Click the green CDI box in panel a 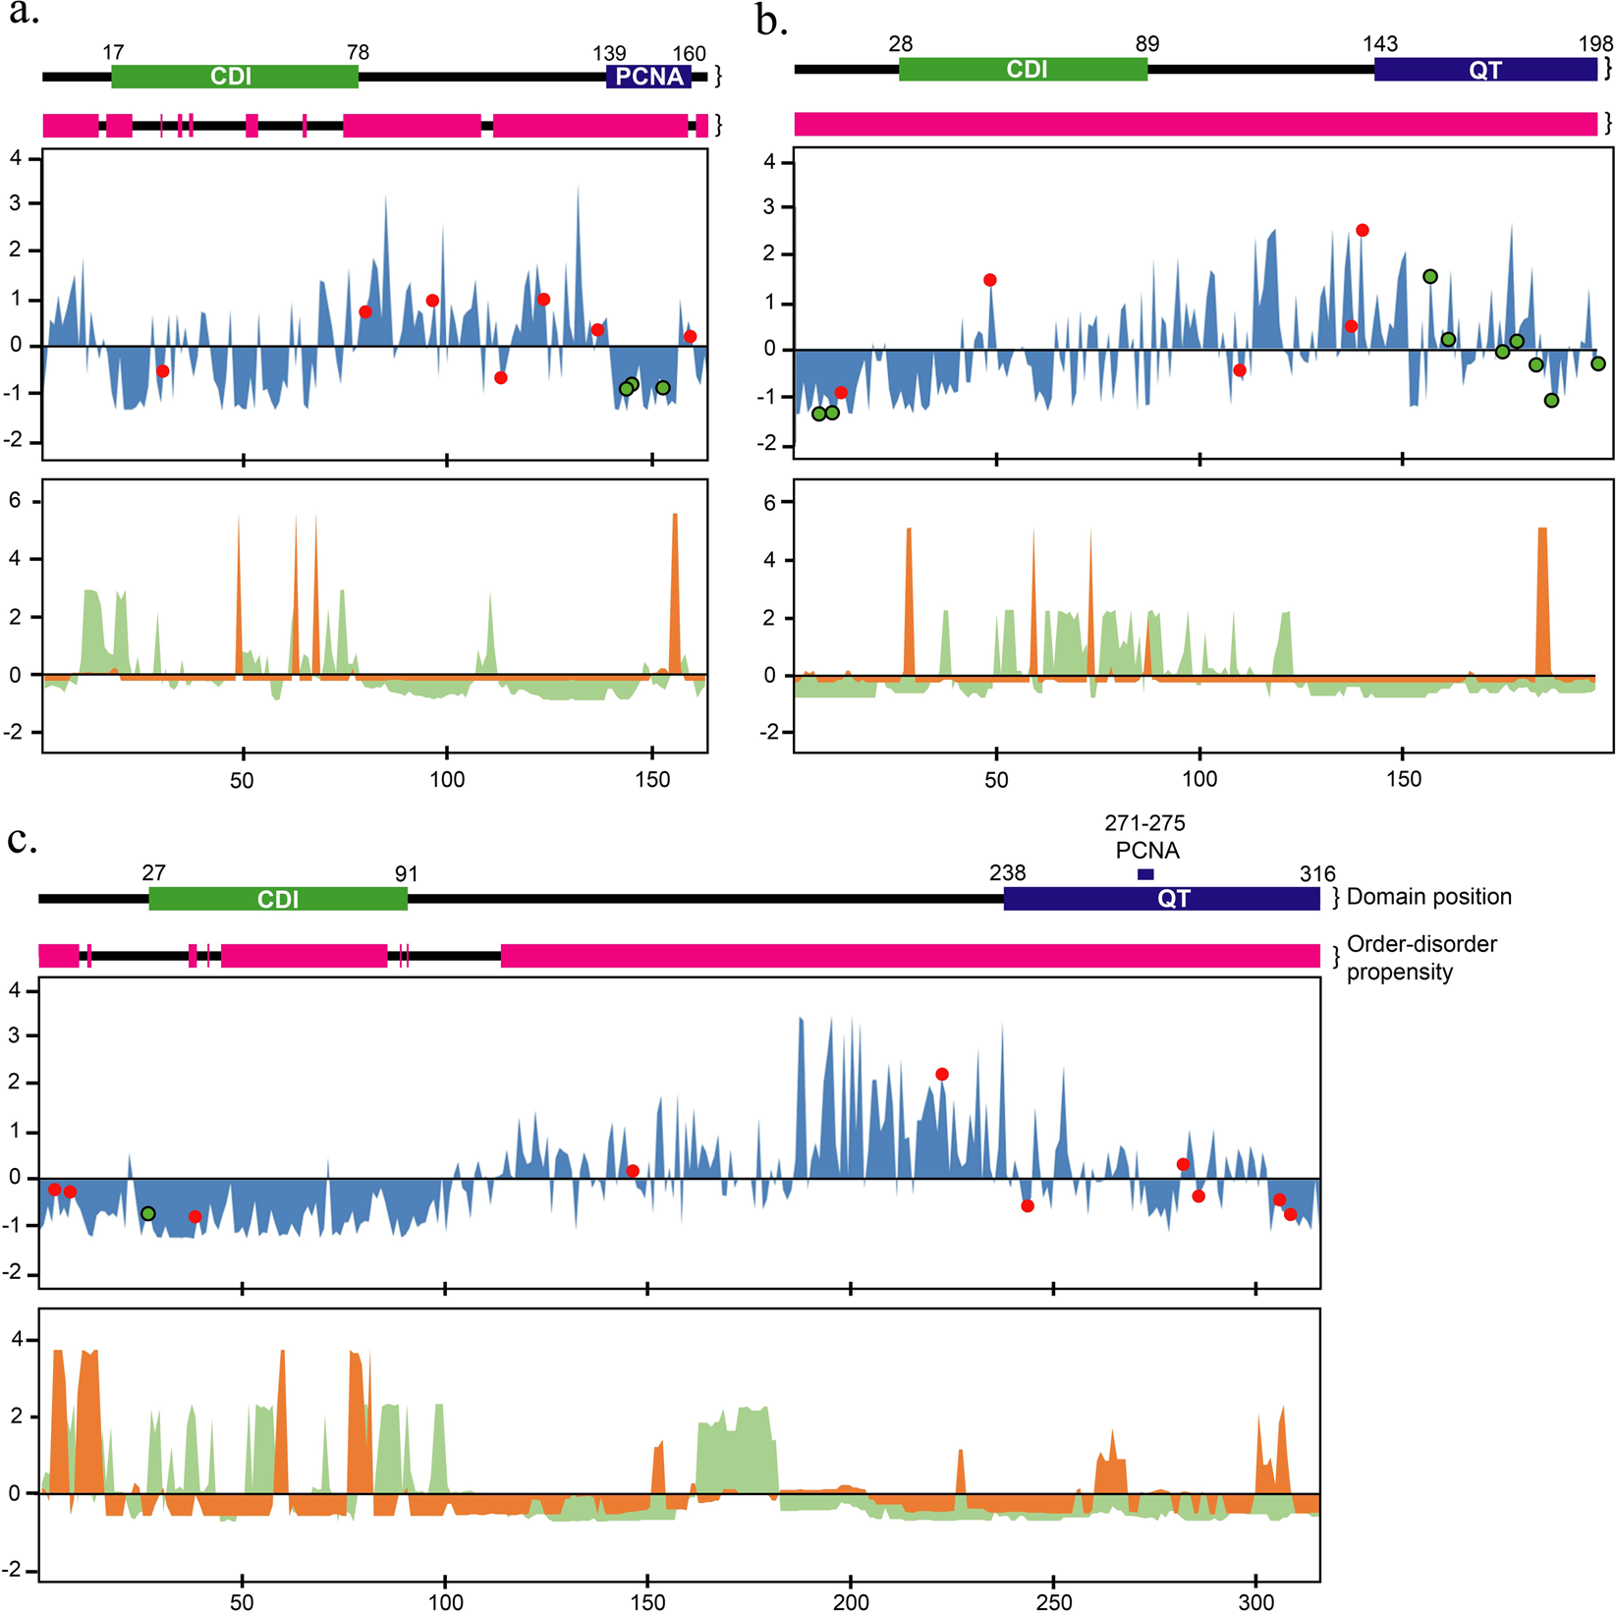coord(234,77)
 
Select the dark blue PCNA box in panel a coord(648,77)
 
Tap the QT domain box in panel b coord(1484,70)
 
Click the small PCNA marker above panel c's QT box coord(1145,874)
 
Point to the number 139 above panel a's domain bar coord(609,53)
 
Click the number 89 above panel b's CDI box coord(1146,44)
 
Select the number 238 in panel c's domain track coord(1007,872)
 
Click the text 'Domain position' coord(1428,897)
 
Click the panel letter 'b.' coord(772,22)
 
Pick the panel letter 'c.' coord(23,841)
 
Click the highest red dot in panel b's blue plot coord(1363,230)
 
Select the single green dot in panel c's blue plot coord(148,1214)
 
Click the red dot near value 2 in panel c coord(942,1075)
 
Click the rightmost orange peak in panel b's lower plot coord(1542,599)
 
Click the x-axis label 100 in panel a coord(447,780)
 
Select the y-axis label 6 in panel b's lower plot coord(769,503)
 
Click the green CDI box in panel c coord(278,899)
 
